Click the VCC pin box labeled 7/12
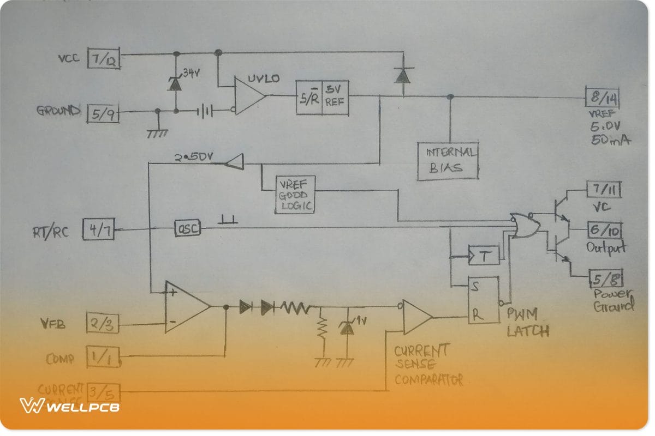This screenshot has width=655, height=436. pos(104,60)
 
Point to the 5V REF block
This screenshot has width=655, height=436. pos(323,98)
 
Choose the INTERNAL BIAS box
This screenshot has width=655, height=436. pos(448,161)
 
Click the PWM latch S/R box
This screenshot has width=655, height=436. pos(483,300)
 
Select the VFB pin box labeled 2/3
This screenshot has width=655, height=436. pos(102,324)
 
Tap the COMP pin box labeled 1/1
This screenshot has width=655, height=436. pos(103,358)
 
